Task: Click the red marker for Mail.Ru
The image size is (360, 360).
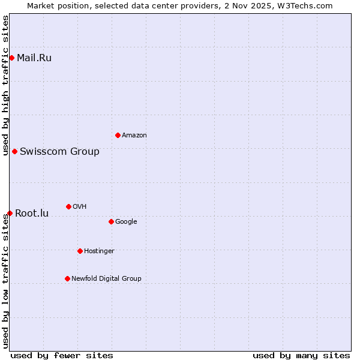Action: click(11, 58)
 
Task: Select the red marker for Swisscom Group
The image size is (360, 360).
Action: click(14, 151)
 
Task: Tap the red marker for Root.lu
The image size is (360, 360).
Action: click(10, 213)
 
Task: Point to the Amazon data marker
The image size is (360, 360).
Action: click(118, 135)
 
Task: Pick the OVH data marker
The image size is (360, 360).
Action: click(68, 206)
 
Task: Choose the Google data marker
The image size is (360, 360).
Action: click(111, 221)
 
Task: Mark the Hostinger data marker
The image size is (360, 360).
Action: click(80, 251)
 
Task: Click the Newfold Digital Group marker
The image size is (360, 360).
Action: click(67, 278)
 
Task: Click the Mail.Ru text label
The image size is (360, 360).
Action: click(34, 58)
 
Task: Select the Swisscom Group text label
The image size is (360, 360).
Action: click(59, 152)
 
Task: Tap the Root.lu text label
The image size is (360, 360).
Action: click(32, 214)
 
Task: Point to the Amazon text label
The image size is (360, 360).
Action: click(134, 136)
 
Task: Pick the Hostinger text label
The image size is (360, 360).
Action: click(99, 251)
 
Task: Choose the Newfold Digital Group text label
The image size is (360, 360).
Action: click(106, 279)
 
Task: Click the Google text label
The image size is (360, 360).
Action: click(126, 222)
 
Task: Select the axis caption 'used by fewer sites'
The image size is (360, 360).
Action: click(62, 355)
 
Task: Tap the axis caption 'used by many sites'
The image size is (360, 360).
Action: click(301, 355)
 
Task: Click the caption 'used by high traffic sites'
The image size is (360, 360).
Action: click(5, 85)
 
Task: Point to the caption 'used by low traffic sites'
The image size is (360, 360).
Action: click(5, 280)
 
